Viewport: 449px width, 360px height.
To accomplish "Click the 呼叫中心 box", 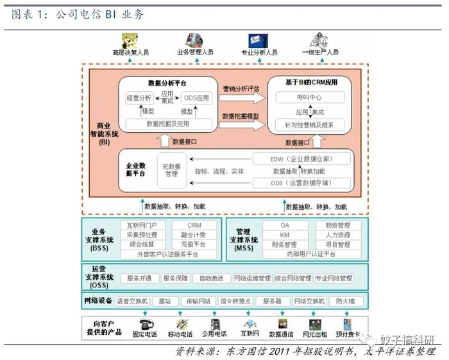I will pos(310,98).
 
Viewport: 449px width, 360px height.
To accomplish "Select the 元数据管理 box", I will pos(171,169).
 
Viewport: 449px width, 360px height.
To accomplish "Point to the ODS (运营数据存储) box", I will pos(302,184).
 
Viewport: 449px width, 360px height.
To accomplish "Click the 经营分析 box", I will pos(139,98).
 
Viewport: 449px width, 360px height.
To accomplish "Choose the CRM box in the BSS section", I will pos(194,225).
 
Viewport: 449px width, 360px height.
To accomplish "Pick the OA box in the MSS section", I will pos(285,225).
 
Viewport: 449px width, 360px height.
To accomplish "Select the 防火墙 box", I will pos(348,300).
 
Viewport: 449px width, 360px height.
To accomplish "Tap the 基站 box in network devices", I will pos(165,300).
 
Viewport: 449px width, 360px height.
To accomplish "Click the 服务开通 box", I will pos(139,279).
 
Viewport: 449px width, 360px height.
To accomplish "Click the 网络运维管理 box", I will pos(252,279).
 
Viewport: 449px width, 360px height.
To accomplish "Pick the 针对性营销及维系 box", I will pos(310,124).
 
